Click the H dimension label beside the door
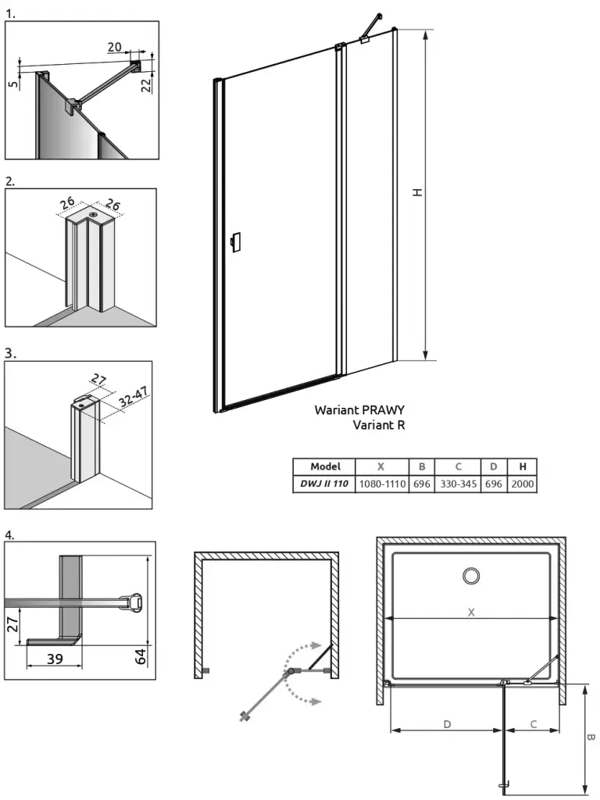419,191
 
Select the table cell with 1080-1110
381,484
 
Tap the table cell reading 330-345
458,484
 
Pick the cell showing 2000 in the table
523,484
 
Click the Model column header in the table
325,466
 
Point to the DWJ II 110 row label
324,484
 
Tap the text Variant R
378,425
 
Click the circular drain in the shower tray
471,577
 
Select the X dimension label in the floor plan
471,612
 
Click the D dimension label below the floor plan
447,724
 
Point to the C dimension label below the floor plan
533,724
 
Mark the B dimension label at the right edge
591,737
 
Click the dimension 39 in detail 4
54,659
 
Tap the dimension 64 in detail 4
141,655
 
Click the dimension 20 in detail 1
114,47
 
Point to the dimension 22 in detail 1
146,84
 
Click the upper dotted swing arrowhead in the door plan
314,645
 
